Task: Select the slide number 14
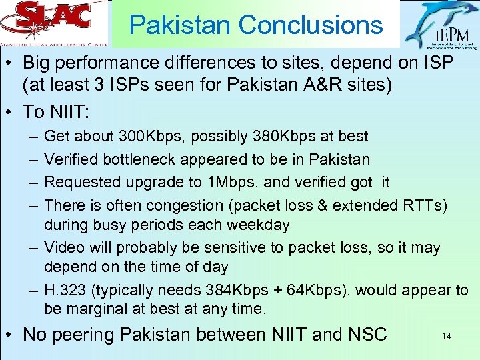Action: pyautogui.click(x=446, y=337)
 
